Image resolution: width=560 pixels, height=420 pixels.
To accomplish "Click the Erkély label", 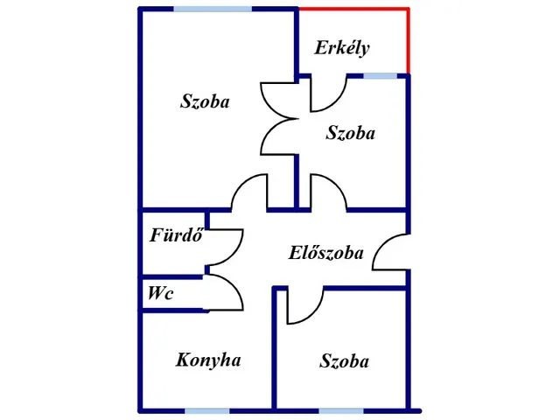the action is [342, 48].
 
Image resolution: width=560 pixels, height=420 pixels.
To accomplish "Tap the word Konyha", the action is [208, 360].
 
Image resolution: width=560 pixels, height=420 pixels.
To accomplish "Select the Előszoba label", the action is [325, 253].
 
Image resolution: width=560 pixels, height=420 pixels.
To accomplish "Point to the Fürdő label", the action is [177, 234].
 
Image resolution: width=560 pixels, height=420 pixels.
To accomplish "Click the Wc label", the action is [160, 293].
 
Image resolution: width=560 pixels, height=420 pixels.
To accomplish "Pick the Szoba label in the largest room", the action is [205, 101].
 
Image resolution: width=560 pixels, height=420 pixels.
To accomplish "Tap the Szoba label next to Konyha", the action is [344, 360].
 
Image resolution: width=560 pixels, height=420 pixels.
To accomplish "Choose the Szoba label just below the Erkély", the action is [350, 133].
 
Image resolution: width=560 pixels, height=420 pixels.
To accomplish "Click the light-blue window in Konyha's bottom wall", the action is [206, 411].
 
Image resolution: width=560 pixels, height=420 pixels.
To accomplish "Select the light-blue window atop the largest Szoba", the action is [213, 9].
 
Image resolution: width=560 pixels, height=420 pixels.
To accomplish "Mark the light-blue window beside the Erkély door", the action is [381, 76].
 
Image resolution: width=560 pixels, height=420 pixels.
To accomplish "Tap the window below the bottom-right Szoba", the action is [341, 411].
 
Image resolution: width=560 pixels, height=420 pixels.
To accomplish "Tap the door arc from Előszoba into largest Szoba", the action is [242, 182].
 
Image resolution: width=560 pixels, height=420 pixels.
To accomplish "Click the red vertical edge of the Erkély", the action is [409, 41].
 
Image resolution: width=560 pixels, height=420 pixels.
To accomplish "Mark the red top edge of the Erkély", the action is [353, 9].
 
